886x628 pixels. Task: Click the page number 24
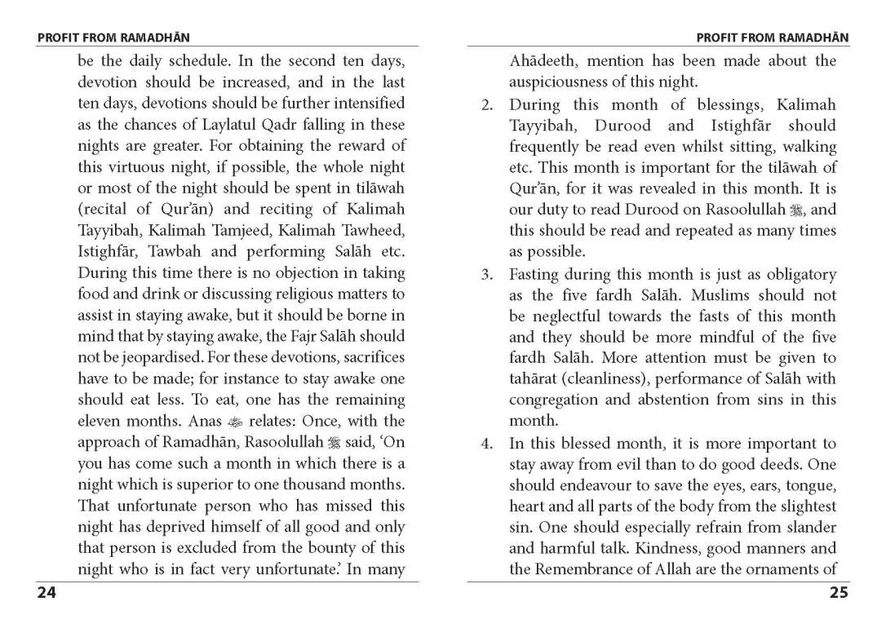tap(47, 593)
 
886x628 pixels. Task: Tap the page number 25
tap(839, 593)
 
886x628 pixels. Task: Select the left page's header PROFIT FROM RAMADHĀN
tap(113, 38)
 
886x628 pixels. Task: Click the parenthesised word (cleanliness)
tap(614, 379)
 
